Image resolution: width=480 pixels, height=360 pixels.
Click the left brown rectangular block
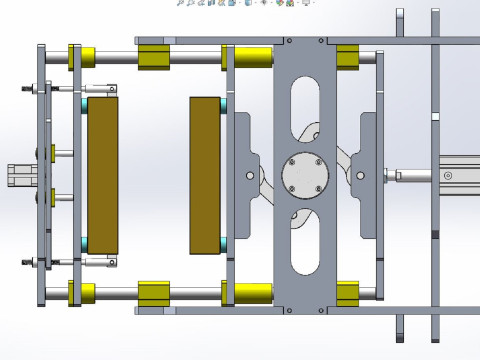[103, 175]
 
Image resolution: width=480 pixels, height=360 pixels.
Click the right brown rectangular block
[205, 175]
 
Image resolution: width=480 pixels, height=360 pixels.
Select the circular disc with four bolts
[305, 176]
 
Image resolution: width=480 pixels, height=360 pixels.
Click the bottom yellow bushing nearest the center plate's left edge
[252, 293]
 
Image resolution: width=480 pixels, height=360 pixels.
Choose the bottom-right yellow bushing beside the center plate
[348, 293]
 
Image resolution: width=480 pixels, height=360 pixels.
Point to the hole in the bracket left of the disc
[250, 176]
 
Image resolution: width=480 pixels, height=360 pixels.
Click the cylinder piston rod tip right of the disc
[398, 176]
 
